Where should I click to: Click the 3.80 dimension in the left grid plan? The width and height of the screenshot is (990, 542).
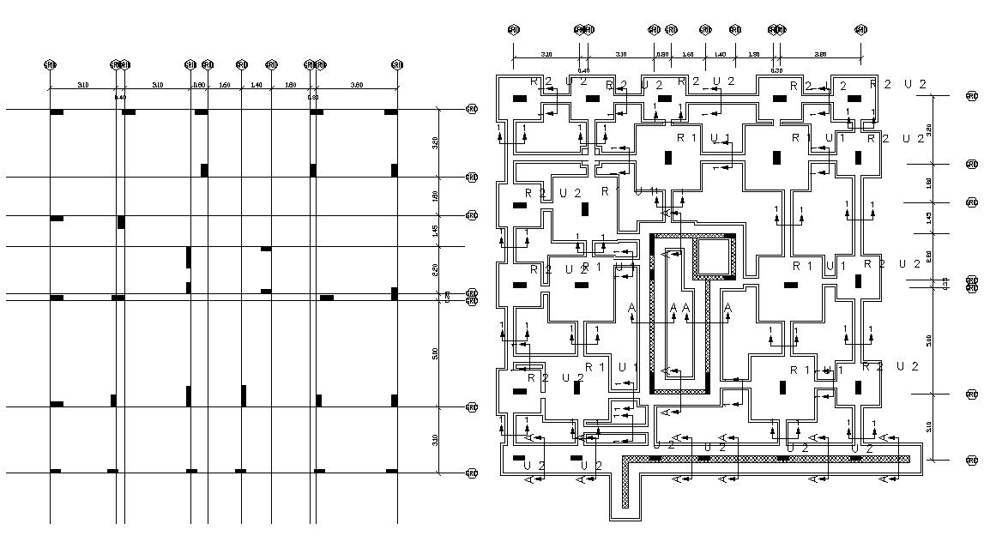tap(357, 85)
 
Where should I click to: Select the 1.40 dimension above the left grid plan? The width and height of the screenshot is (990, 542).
tap(256, 85)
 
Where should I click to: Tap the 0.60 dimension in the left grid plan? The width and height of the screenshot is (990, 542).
tap(199, 85)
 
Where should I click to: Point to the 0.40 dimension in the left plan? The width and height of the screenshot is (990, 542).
tap(120, 97)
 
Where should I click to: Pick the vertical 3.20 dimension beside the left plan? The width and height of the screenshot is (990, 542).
tap(435, 142)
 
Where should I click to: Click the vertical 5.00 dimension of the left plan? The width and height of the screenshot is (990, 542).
tap(435, 352)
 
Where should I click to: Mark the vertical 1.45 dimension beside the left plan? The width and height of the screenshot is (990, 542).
tap(435, 230)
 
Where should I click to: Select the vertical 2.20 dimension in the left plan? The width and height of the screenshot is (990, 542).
tap(435, 269)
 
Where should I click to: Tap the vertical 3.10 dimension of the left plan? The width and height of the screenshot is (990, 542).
tap(435, 440)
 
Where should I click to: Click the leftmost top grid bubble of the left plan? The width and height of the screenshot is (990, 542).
tap(49, 64)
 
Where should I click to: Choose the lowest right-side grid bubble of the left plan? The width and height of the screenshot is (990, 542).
tap(471, 473)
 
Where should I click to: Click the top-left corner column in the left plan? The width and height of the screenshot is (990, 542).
tap(57, 112)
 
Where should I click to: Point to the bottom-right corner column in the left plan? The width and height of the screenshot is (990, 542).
tap(391, 470)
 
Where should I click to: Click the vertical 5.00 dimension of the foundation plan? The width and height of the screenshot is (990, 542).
tap(930, 340)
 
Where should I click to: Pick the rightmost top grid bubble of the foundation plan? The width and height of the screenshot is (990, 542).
tap(860, 30)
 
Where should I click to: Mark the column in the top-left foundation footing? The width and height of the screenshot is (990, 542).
tap(520, 99)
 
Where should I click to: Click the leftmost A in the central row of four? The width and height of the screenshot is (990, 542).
tap(631, 308)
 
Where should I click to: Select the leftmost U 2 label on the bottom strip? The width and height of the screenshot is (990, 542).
tap(534, 465)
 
